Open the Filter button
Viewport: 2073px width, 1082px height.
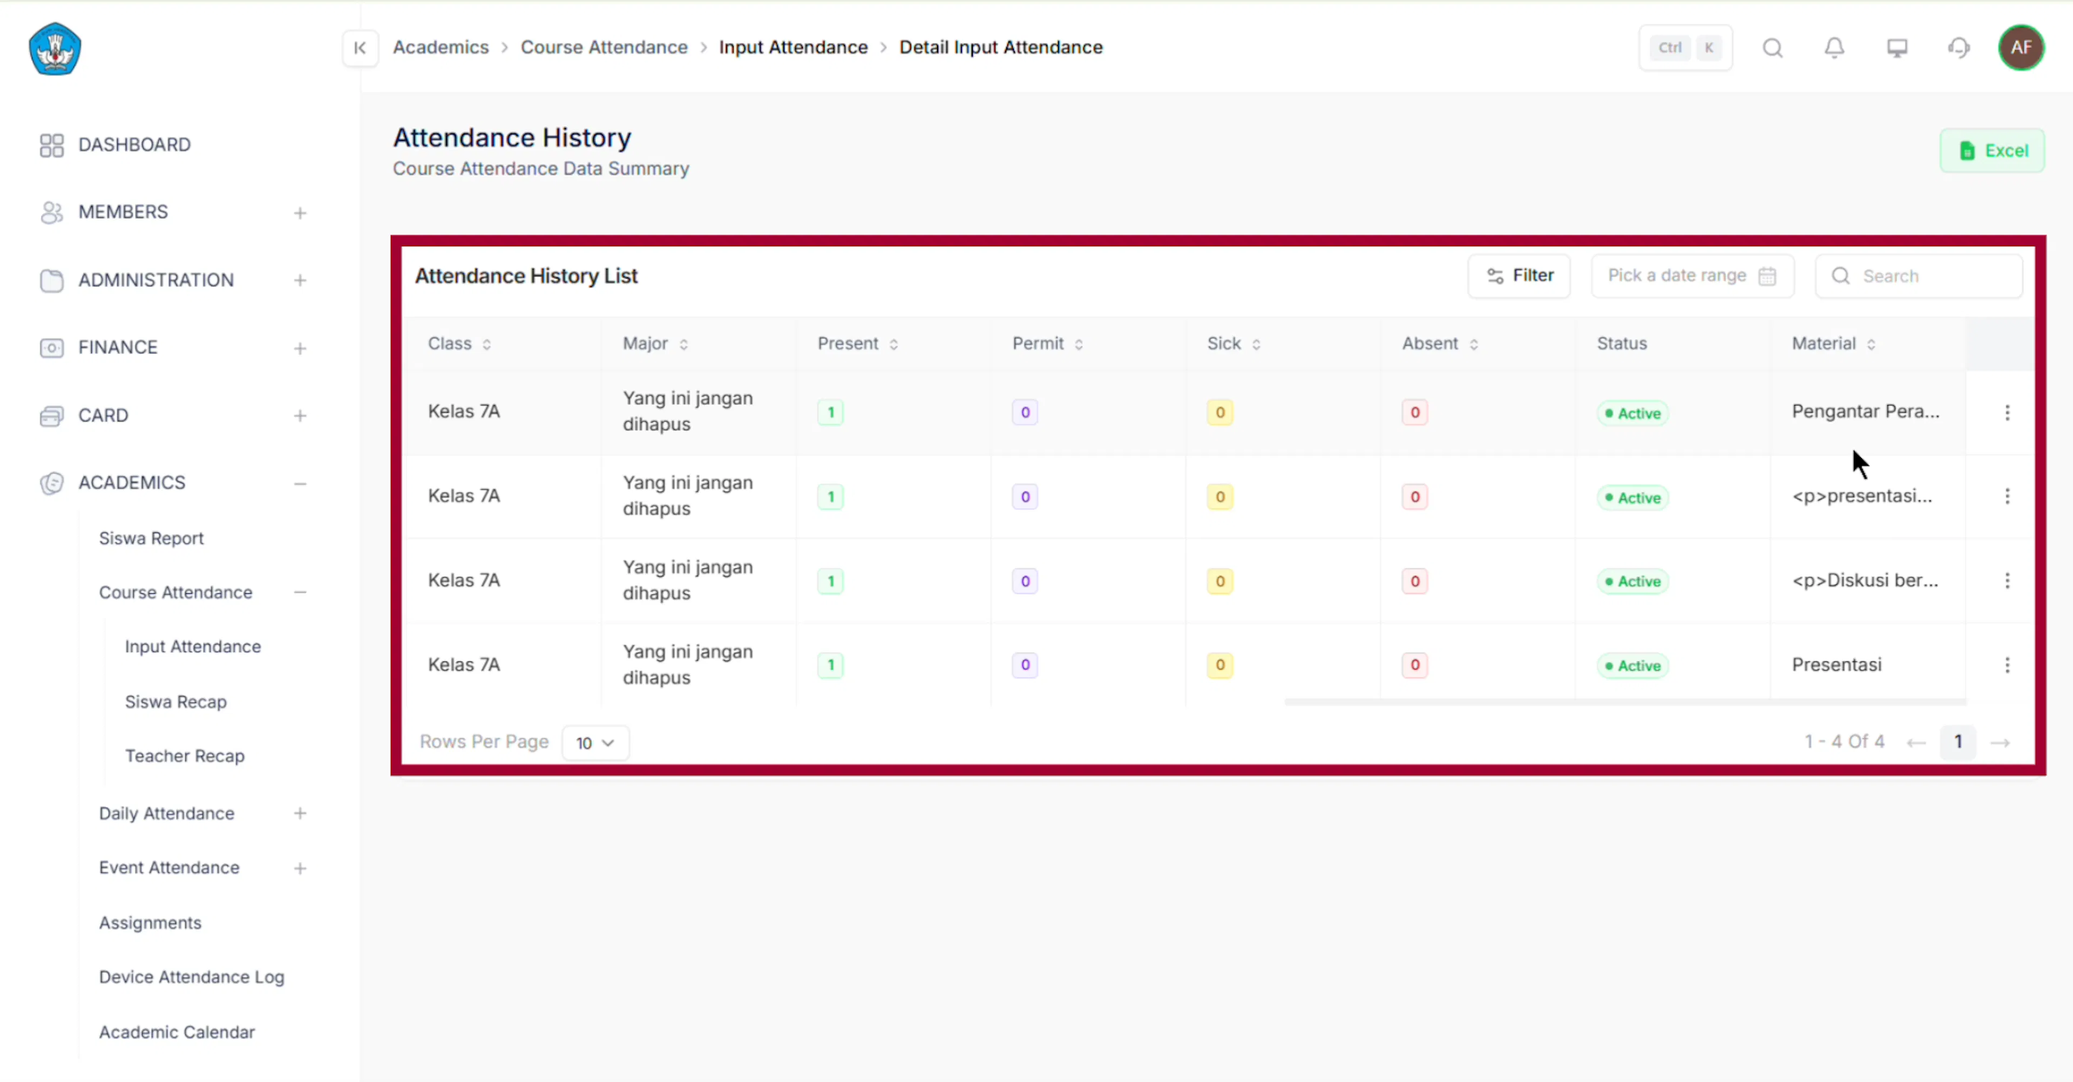click(1519, 276)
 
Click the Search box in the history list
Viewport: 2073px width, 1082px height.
click(1919, 276)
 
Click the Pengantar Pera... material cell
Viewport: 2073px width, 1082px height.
click(1865, 412)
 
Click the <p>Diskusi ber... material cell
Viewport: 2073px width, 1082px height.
click(1865, 581)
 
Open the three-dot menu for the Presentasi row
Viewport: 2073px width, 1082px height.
click(2007, 665)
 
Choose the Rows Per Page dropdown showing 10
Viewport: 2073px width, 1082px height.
click(595, 742)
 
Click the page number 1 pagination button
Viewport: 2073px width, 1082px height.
click(1958, 742)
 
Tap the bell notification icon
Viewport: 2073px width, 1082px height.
click(1834, 48)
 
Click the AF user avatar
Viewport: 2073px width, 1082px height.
click(2021, 48)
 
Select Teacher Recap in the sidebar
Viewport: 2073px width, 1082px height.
click(184, 756)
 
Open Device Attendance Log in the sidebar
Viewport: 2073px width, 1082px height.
click(192, 977)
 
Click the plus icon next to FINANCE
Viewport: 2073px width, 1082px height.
click(300, 348)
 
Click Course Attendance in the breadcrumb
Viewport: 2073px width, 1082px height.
click(604, 48)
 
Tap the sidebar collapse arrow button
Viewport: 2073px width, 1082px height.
click(360, 48)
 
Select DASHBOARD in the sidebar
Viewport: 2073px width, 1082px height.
click(134, 145)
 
